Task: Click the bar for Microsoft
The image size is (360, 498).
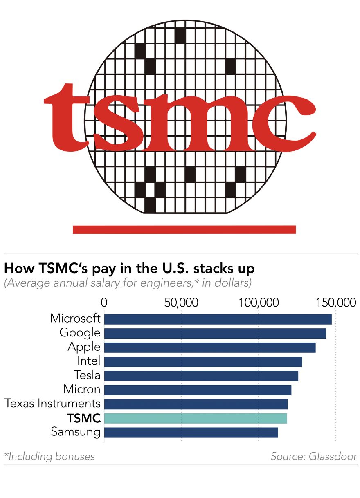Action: click(218, 319)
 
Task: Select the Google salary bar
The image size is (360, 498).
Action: click(215, 333)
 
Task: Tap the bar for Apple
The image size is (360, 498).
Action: click(210, 348)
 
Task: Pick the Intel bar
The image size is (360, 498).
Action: click(203, 362)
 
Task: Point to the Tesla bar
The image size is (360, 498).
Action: click(201, 376)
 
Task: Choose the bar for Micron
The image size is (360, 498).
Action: click(198, 390)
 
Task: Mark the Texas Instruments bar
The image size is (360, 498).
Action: click(196, 404)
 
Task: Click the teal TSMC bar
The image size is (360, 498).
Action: click(196, 418)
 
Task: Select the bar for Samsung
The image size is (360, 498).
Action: click(191, 433)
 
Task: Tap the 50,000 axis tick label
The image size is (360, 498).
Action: click(181, 303)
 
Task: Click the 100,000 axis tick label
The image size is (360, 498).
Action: click(259, 303)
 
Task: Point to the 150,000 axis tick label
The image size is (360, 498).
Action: click(335, 303)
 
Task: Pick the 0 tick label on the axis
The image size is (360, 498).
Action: click(104, 303)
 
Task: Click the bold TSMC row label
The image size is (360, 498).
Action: click(84, 418)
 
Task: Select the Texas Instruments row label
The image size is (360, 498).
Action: click(52, 404)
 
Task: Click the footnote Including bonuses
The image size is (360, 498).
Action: click(49, 456)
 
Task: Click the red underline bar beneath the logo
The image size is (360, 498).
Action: click(184, 230)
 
